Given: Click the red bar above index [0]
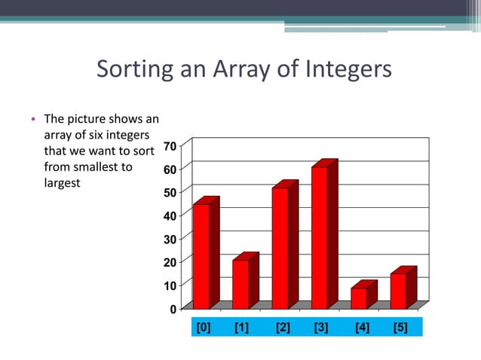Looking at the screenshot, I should [201, 256].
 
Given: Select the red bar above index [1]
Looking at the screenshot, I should [240, 284].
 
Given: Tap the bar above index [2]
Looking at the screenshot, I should [280, 248].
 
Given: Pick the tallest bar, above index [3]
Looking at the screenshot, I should [320, 237].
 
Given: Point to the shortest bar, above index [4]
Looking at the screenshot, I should [359, 298].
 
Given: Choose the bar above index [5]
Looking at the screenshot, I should [398, 291].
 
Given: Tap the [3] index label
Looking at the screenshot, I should [320, 328].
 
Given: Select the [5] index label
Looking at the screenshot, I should [400, 328].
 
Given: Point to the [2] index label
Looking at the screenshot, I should [282, 328].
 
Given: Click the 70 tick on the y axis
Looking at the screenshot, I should [171, 145].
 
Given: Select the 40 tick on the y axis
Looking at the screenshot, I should [171, 215].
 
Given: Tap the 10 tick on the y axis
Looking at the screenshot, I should [171, 285].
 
